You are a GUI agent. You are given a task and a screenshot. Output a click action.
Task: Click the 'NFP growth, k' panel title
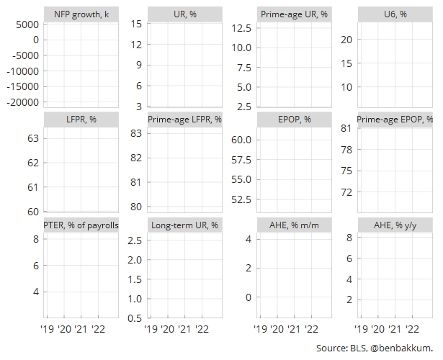point(81,14)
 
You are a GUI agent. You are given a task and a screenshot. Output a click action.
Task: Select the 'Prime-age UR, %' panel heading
point(294,14)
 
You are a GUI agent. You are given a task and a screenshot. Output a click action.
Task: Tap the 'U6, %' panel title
point(395,14)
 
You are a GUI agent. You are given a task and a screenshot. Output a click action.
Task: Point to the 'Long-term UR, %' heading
point(185,225)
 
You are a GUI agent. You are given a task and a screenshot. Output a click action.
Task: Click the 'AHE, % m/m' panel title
point(294,225)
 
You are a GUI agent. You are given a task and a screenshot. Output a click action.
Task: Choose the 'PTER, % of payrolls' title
point(81,225)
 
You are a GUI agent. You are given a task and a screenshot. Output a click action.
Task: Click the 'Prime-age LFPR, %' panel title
point(185,120)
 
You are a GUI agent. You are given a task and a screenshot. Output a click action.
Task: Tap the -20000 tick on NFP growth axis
point(22,102)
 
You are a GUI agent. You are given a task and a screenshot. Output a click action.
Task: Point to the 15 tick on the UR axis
point(136,24)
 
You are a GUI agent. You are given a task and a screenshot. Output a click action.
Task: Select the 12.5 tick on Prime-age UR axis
point(241,28)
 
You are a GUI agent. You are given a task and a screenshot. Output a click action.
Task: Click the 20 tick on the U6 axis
point(346,40)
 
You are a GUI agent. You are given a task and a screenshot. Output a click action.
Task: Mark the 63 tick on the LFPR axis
point(32,138)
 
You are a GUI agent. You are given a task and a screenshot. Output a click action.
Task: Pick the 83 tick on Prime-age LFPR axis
point(136,133)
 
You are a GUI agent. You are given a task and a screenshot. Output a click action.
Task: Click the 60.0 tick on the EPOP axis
point(241,140)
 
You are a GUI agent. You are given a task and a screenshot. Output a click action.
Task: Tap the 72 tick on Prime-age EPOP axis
point(346,192)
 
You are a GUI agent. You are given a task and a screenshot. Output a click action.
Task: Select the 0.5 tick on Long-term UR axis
point(135,318)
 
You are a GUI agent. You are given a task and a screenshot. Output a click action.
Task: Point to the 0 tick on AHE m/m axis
point(249,297)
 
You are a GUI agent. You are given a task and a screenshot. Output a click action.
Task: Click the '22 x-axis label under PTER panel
point(98,329)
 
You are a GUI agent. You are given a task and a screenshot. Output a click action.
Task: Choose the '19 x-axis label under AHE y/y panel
point(361,329)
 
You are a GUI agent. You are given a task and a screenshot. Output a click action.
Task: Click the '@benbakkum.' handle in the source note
point(401,348)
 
